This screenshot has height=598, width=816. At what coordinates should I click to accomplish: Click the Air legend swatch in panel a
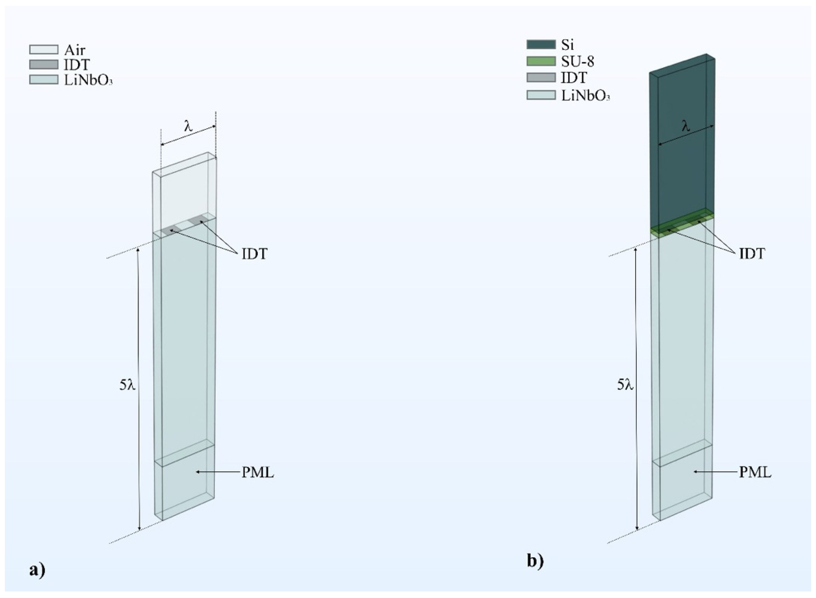click(43, 49)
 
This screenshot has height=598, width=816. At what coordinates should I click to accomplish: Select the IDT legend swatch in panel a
click(43, 64)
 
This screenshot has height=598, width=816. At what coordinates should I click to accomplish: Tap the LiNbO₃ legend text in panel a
click(88, 80)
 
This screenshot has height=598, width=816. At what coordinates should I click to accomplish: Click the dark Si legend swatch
click(541, 44)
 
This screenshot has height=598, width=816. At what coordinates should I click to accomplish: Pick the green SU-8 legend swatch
click(541, 61)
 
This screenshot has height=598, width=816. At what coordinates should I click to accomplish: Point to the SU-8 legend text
click(578, 61)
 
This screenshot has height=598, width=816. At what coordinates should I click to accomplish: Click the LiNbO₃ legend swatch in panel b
click(541, 95)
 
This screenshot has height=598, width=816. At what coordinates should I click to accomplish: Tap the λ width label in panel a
click(188, 126)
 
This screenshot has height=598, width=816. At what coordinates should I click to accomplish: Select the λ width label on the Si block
click(686, 126)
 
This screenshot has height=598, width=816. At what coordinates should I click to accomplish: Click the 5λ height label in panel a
click(127, 385)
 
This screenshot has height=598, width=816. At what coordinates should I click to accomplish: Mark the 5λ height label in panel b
click(625, 385)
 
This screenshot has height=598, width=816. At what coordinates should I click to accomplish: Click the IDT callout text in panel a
click(254, 254)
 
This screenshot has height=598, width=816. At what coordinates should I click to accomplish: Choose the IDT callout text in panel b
click(752, 254)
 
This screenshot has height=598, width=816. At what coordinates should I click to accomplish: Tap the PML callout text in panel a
click(258, 473)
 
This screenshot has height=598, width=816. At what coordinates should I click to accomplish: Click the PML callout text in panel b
click(755, 473)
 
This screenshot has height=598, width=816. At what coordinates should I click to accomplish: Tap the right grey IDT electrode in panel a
click(196, 219)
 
